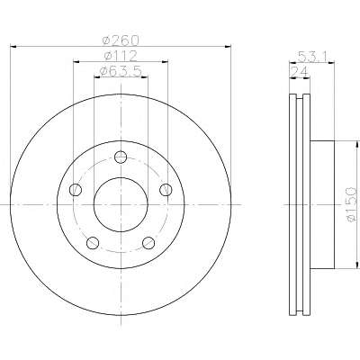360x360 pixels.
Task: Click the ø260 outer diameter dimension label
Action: point(121,40)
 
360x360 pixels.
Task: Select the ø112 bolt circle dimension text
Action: point(121,56)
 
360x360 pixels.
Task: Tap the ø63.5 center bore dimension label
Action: point(121,71)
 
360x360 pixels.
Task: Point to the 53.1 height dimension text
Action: point(313,57)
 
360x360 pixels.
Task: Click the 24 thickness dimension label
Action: point(300,72)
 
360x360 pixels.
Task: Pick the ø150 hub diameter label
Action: point(351,204)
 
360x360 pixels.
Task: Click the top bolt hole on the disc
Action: point(121,157)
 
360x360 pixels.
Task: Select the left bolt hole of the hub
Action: point(76,190)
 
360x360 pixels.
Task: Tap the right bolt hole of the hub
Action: point(166,190)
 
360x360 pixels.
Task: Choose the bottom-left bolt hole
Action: point(93,243)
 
